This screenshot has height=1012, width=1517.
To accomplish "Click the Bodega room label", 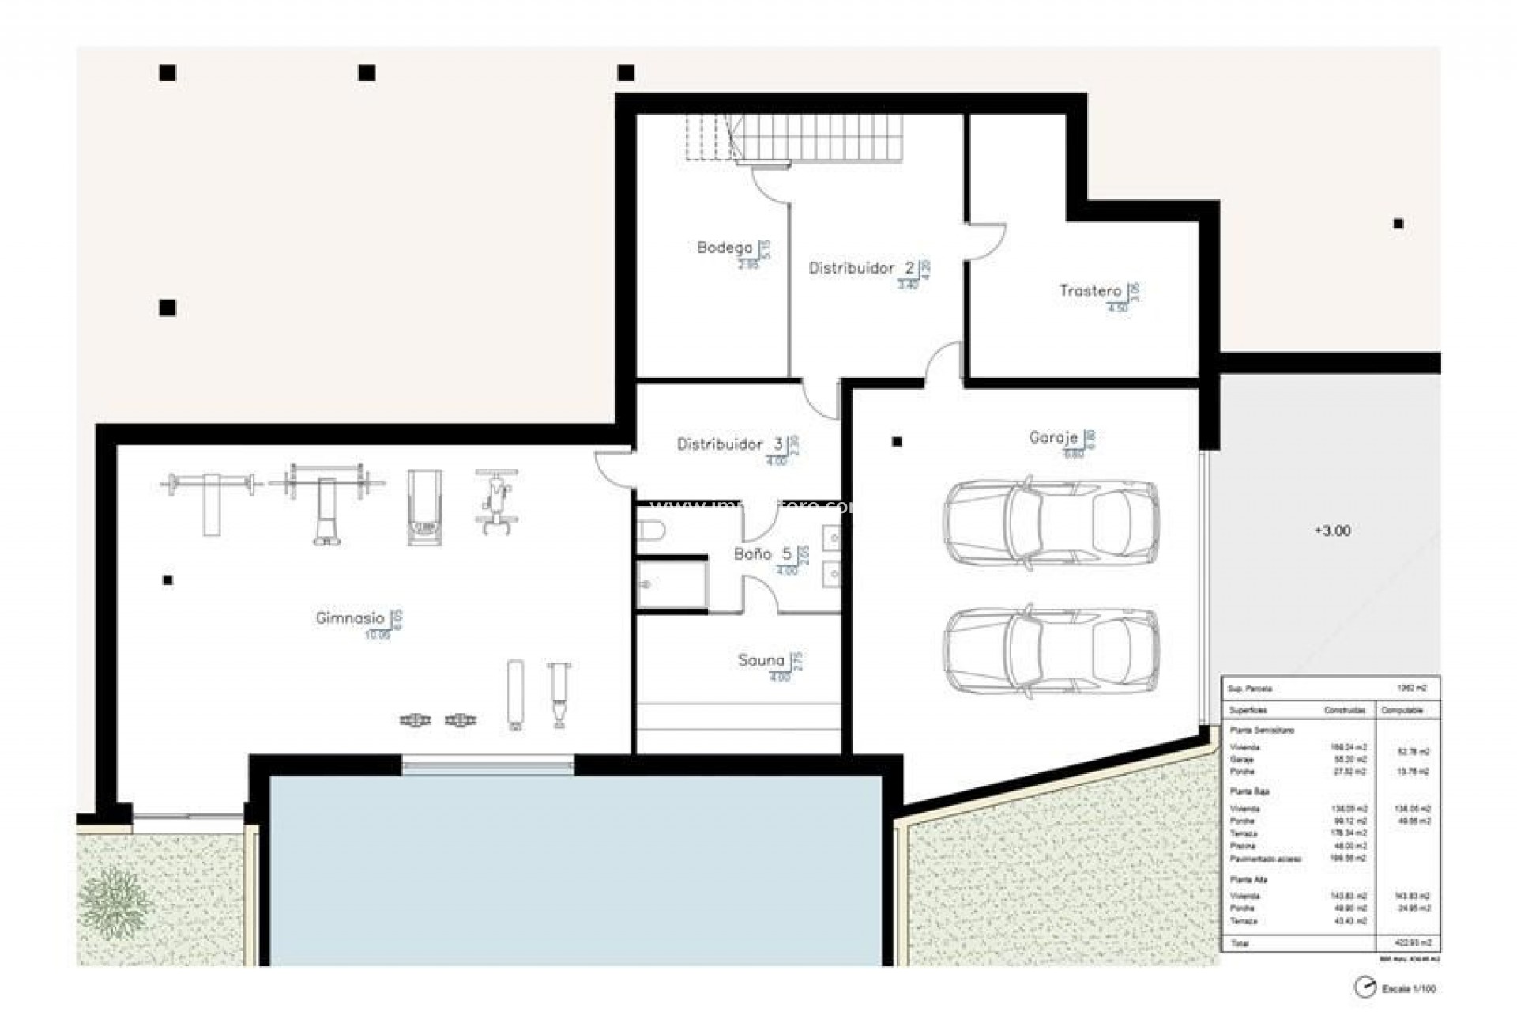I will coord(724,247).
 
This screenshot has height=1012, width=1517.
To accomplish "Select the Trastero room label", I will coord(1090,291).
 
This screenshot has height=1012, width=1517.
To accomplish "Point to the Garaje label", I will coord(1052,437).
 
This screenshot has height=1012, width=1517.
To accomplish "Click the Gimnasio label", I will coord(350,618).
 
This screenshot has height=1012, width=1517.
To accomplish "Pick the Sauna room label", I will coord(760,660).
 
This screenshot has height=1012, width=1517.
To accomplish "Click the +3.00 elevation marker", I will coord(1332,531).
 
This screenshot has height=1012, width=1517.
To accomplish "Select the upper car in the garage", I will coord(1051,522).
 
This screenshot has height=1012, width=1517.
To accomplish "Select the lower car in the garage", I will coord(1051,652).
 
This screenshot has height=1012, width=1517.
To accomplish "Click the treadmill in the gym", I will coord(424,507).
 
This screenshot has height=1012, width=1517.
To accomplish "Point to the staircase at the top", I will coord(814,138).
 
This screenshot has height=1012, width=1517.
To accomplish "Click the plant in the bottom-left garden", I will coord(115,902).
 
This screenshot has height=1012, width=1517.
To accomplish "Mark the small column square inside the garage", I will coord(897,442).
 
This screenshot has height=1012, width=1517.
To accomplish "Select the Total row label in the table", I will coord(1240,943).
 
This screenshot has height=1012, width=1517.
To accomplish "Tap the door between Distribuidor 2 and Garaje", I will coord(943,364).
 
